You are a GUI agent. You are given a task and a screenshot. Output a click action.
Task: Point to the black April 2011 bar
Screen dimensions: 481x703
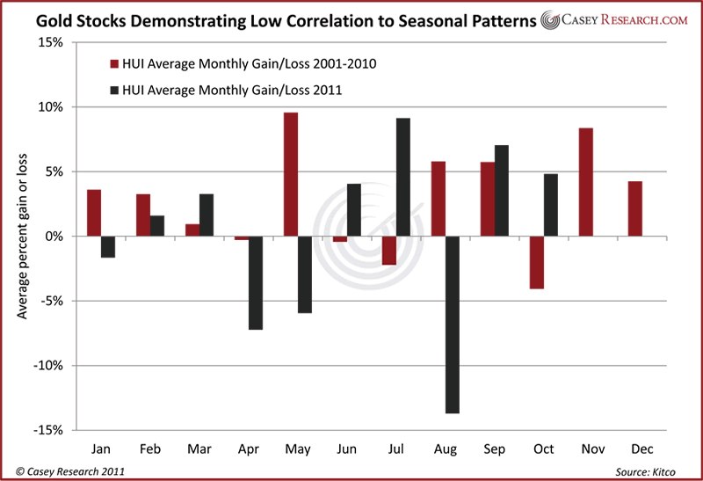click(x=256, y=282)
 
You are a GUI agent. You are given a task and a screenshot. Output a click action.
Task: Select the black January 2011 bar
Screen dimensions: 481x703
click(x=106, y=246)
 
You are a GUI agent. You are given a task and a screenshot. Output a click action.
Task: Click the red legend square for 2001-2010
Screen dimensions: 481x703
click(x=113, y=63)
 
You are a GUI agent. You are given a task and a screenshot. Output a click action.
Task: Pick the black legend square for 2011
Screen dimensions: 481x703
click(x=113, y=90)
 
